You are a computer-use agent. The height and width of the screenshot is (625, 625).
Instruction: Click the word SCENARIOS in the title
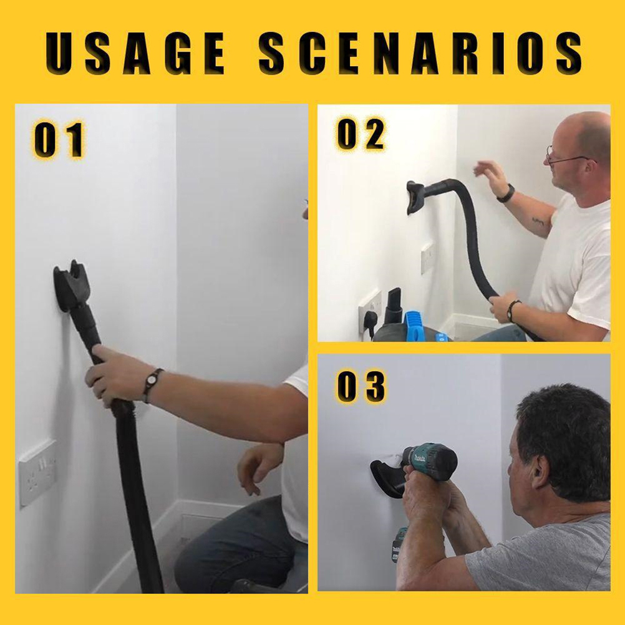(420, 52)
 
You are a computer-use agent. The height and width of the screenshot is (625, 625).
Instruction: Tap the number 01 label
(59, 140)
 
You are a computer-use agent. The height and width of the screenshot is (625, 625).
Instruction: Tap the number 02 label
(361, 134)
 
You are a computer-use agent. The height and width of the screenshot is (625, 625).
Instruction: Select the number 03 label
(361, 386)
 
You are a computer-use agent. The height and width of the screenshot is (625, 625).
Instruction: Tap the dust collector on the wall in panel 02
(416, 197)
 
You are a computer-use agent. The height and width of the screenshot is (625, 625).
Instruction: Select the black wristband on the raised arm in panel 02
(506, 193)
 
